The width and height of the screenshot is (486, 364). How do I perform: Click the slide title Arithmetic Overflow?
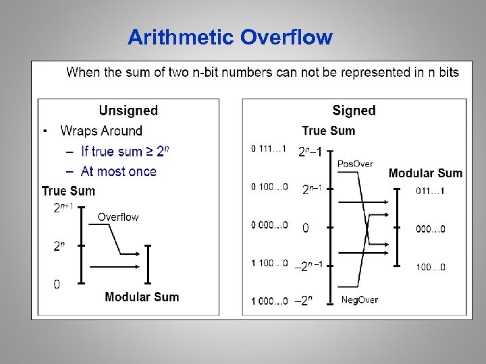(230, 36)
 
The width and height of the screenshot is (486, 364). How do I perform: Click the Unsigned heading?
(128, 111)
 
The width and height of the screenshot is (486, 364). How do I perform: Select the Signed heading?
(354, 111)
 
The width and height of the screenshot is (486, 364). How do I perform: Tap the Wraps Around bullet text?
(101, 131)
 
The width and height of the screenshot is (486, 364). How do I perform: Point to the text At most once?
(118, 171)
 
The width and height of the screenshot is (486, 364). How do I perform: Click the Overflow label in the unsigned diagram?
(118, 217)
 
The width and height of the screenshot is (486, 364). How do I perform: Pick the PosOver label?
(355, 164)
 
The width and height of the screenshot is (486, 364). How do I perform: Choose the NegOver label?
(359, 299)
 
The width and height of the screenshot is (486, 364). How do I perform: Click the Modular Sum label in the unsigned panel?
(142, 297)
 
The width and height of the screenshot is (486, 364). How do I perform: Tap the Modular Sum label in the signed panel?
(425, 173)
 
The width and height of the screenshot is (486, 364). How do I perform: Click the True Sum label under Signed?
(328, 131)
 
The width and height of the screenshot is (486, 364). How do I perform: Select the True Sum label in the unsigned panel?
(68, 191)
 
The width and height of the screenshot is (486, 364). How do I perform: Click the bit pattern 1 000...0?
(269, 301)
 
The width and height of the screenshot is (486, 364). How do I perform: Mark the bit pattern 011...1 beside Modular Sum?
(430, 191)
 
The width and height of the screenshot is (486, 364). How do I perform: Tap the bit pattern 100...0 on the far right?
(430, 268)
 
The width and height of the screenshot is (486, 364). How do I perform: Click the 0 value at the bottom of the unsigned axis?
(57, 284)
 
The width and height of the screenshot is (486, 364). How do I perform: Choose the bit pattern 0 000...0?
(269, 225)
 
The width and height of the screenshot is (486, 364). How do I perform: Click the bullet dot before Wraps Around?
(45, 131)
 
